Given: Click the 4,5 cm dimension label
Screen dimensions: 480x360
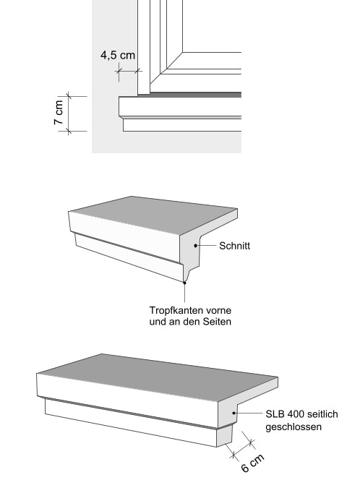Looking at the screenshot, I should [118, 56].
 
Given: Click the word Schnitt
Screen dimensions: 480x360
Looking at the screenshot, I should [235, 247].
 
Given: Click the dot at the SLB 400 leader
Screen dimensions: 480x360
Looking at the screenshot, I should [233, 414].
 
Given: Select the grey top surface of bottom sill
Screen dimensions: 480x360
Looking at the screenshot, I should [159, 377].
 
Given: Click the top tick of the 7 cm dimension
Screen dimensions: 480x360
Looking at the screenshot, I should [69, 96].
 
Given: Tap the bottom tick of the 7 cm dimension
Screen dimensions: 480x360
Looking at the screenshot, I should [69, 131].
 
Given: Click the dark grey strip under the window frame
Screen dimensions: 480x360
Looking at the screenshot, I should [195, 94].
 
